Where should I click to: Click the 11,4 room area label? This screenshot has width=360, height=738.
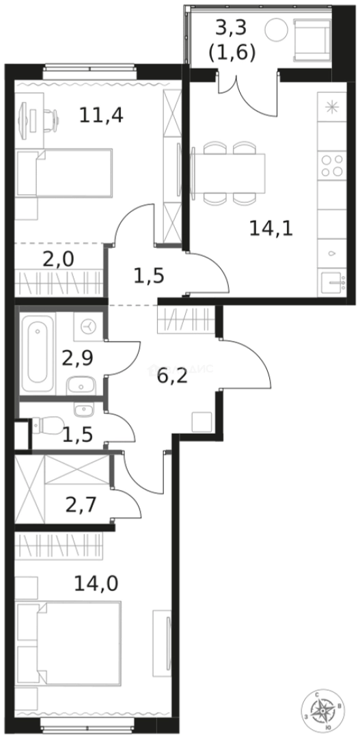[x=101, y=115]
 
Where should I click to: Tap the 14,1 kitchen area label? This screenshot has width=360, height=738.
[x=271, y=228]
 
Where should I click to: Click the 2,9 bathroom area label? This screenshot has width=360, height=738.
[x=77, y=358]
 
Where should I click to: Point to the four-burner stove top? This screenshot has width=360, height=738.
[x=332, y=165]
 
